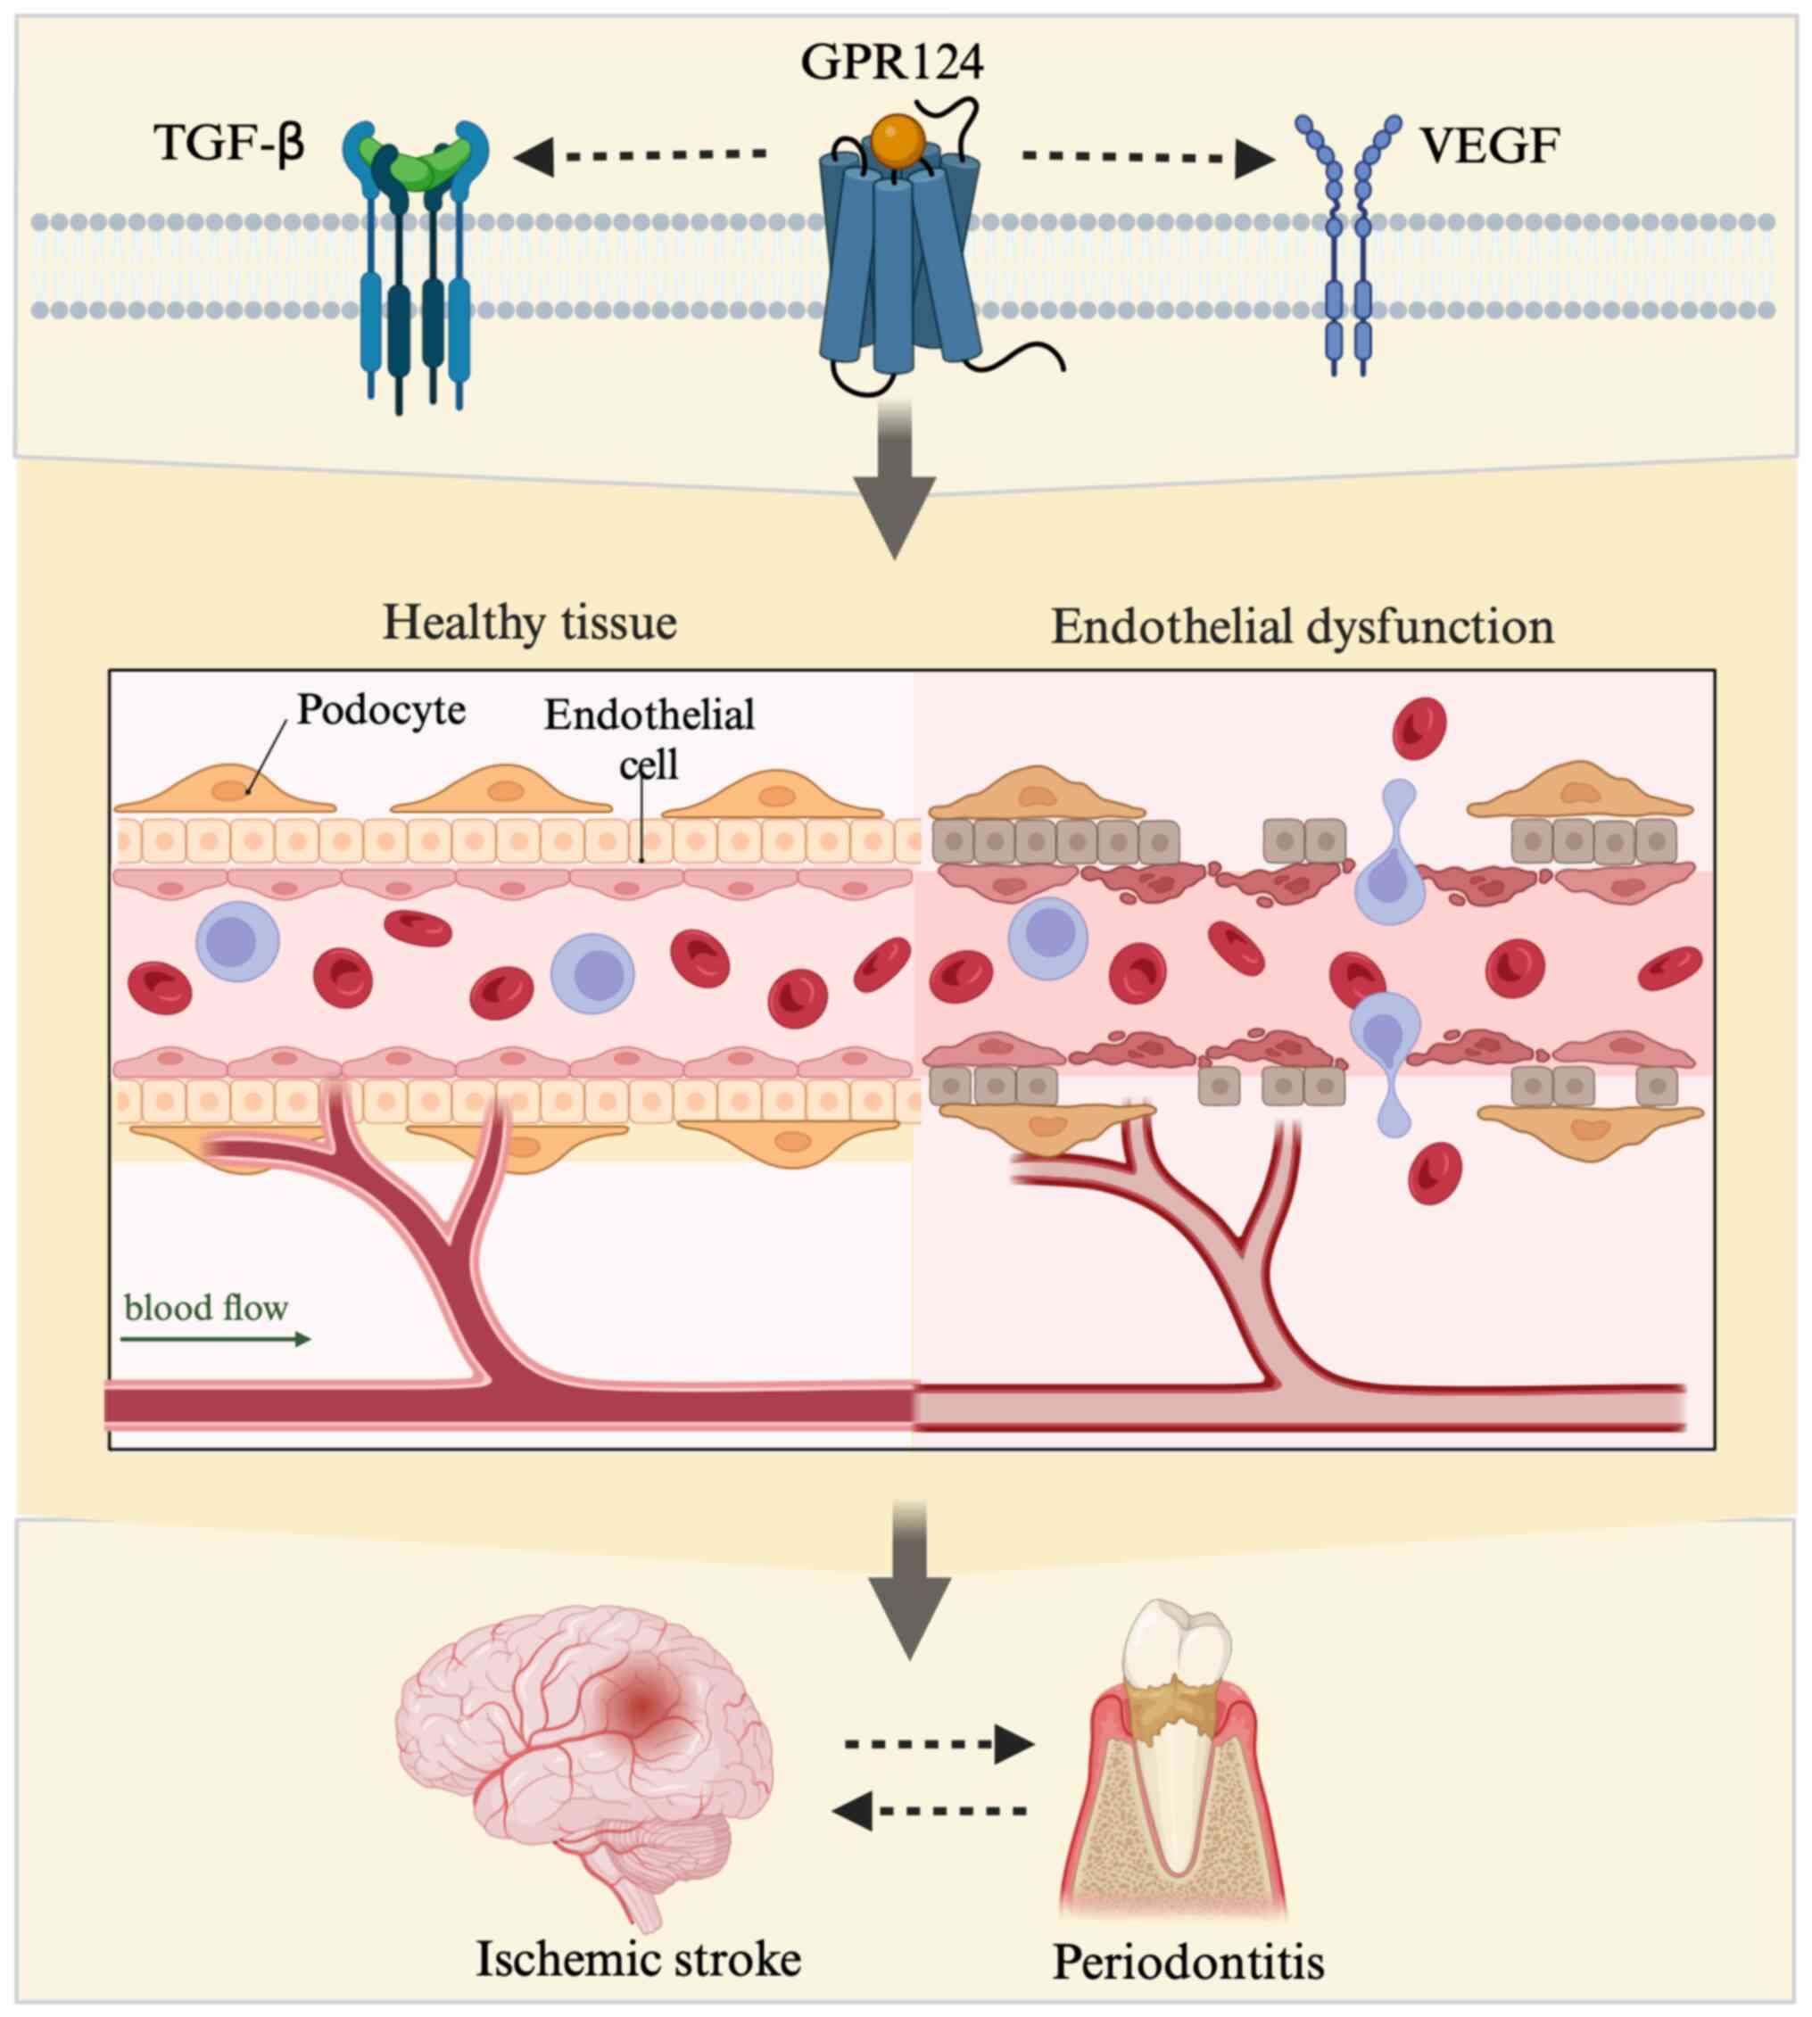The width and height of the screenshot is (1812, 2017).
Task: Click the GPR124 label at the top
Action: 892,62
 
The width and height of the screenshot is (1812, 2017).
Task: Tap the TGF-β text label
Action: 229,143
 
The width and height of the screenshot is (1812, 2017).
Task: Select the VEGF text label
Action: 1489,145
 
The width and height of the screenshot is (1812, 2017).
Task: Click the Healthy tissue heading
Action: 530,624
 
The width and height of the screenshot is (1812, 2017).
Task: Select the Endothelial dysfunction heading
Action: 1303,627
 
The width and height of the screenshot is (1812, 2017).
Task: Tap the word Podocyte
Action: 381,710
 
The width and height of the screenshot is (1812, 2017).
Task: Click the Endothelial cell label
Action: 650,739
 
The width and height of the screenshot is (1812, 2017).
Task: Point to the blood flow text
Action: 206,1307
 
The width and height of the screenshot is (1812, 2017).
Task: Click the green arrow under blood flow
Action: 215,1340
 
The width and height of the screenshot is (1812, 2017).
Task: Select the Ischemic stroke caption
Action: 638,1958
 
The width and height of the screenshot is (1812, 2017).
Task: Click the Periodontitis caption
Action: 1188,1962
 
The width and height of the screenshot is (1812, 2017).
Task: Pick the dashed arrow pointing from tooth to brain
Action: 930,1811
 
